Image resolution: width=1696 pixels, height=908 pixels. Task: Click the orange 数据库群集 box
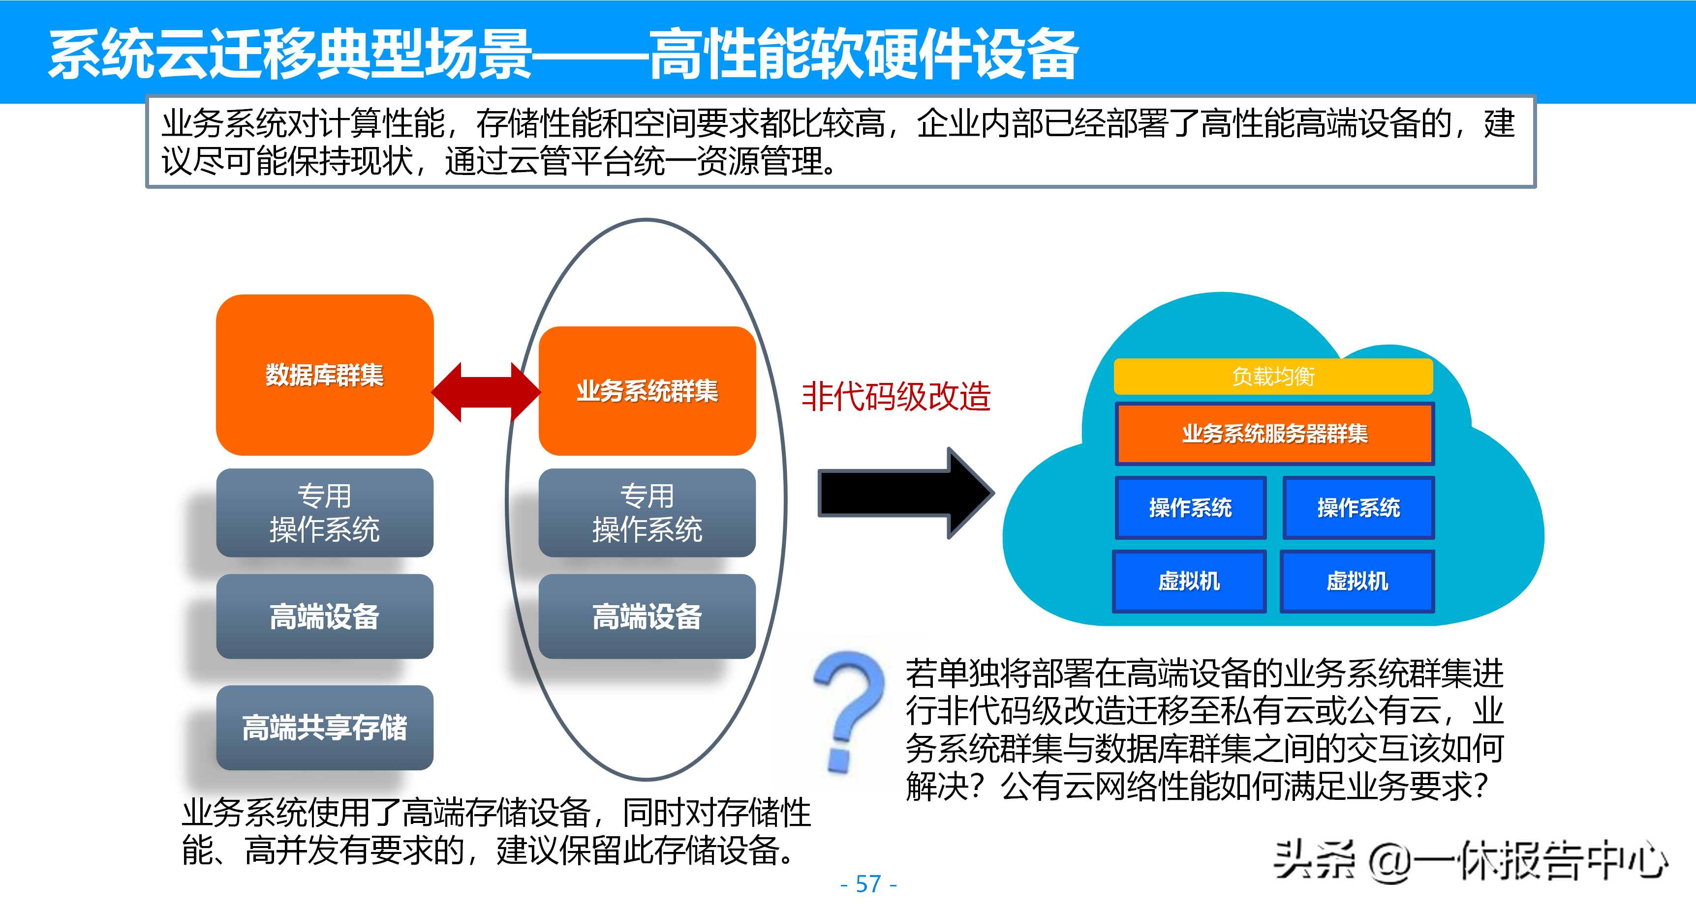click(325, 375)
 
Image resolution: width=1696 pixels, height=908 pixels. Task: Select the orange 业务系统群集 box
click(647, 391)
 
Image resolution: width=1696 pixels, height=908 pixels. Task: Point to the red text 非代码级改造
click(895, 397)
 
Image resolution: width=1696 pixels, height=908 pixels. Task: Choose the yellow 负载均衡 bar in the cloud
click(1273, 377)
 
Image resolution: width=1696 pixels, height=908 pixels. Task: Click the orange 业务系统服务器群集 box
click(1275, 434)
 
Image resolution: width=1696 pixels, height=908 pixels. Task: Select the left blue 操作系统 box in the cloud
click(1190, 507)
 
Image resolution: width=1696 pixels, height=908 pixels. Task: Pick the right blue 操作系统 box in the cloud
click(1358, 507)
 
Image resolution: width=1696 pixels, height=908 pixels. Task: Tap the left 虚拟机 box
click(1189, 581)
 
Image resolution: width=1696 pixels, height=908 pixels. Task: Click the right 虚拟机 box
click(1357, 581)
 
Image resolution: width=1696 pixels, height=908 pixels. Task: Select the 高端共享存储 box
click(325, 727)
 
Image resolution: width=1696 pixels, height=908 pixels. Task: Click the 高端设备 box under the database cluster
click(325, 616)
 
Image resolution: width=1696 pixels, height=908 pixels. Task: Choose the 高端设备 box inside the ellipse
click(647, 616)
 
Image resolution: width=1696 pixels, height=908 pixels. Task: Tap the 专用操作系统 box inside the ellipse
click(647, 513)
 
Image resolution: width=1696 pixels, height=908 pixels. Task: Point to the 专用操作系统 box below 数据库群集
click(325, 513)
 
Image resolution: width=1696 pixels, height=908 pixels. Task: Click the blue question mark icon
click(849, 710)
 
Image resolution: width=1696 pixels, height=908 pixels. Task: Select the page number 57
click(868, 883)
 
